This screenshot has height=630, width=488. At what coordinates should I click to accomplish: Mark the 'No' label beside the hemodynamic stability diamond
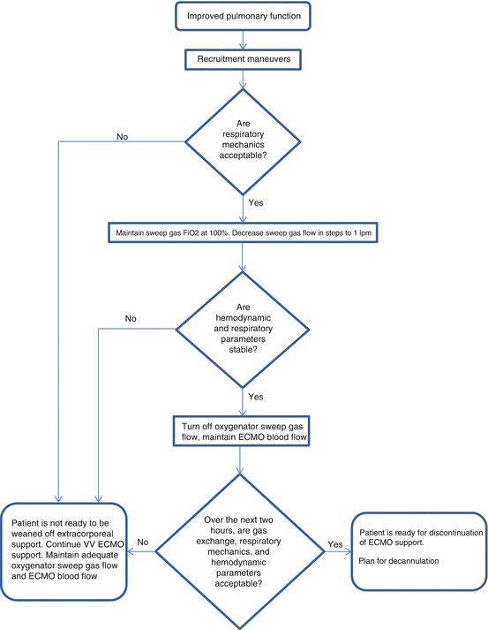point(131,317)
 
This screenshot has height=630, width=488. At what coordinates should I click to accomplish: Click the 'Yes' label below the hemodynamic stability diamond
point(255,396)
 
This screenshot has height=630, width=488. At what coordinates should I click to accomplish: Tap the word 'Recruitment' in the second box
point(218,60)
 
